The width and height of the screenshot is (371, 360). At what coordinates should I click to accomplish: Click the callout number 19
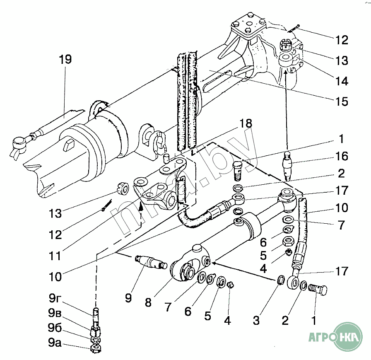pyautogui.click(x=65, y=59)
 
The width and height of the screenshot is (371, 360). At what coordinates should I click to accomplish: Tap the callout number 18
pyautogui.click(x=246, y=123)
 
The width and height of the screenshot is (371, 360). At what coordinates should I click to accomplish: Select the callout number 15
pyautogui.click(x=342, y=101)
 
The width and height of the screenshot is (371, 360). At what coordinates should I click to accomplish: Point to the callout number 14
pyautogui.click(x=342, y=81)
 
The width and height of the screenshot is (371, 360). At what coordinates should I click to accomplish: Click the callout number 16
pyautogui.click(x=342, y=156)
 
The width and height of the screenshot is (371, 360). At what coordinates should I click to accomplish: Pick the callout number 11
pyautogui.click(x=55, y=256)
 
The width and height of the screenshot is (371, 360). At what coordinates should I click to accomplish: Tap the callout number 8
pyautogui.click(x=148, y=302)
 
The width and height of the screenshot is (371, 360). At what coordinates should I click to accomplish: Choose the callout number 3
pyautogui.click(x=256, y=320)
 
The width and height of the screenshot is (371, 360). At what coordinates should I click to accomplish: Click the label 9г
pyautogui.click(x=55, y=298)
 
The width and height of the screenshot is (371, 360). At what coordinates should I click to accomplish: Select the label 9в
pyautogui.click(x=55, y=313)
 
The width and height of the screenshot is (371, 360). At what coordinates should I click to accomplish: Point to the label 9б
pyautogui.click(x=55, y=328)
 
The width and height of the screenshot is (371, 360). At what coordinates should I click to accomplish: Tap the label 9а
pyautogui.click(x=55, y=343)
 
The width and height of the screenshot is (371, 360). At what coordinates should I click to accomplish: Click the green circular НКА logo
pyautogui.click(x=347, y=336)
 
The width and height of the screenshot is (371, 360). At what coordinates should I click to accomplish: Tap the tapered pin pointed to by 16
pyautogui.click(x=288, y=166)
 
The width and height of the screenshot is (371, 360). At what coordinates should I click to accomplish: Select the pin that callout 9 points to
pyautogui.click(x=151, y=262)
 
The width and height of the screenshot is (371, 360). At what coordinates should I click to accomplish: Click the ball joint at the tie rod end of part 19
pyautogui.click(x=19, y=144)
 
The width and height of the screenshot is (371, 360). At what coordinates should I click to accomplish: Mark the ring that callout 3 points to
pyautogui.click(x=280, y=281)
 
